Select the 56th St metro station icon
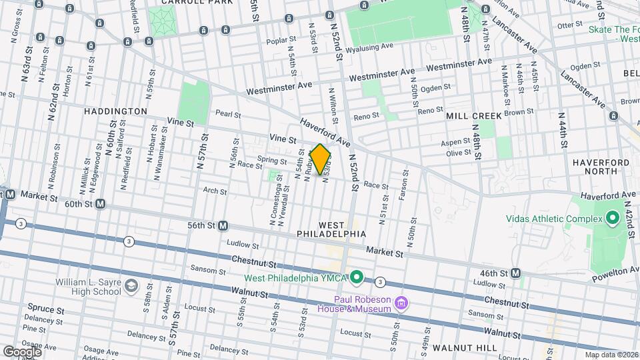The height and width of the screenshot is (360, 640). (x=223, y=226)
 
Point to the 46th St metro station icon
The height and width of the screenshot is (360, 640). (x=516, y=273)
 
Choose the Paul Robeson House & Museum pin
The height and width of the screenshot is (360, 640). (x=401, y=304)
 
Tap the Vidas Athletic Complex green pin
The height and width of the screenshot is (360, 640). (x=612, y=219)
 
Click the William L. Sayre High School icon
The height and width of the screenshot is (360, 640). (x=131, y=286)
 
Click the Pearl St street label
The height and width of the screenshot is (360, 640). (x=227, y=115)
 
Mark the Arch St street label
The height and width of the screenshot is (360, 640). (x=215, y=191)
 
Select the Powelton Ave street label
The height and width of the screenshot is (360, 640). (x=613, y=271)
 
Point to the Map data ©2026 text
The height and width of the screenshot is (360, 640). (x=611, y=355)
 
